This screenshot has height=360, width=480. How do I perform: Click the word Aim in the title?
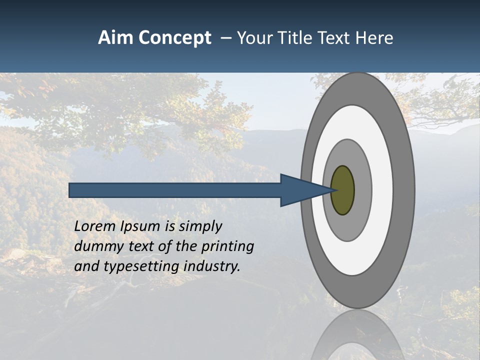115,38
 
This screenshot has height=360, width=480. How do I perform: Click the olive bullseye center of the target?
342,190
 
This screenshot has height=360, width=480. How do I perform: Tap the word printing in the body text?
227,247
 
